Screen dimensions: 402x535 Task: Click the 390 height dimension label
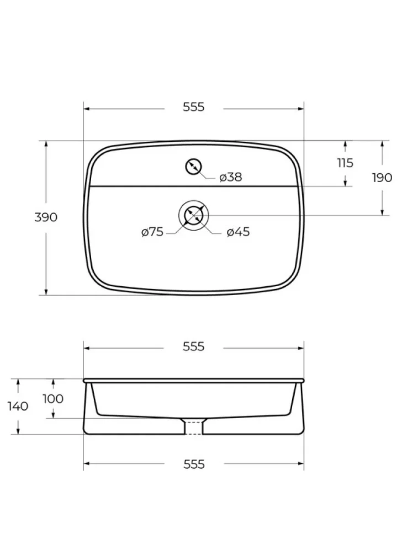46,217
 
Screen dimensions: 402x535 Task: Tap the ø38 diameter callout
231,177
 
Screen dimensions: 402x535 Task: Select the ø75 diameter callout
152,232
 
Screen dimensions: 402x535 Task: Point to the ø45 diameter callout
238,232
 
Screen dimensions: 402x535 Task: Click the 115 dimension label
345,163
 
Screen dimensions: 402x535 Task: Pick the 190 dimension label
382,178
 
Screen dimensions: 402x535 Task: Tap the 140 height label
18,406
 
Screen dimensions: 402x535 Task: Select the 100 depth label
53,399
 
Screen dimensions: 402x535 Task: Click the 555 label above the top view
193,107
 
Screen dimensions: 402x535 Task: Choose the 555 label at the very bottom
194,464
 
